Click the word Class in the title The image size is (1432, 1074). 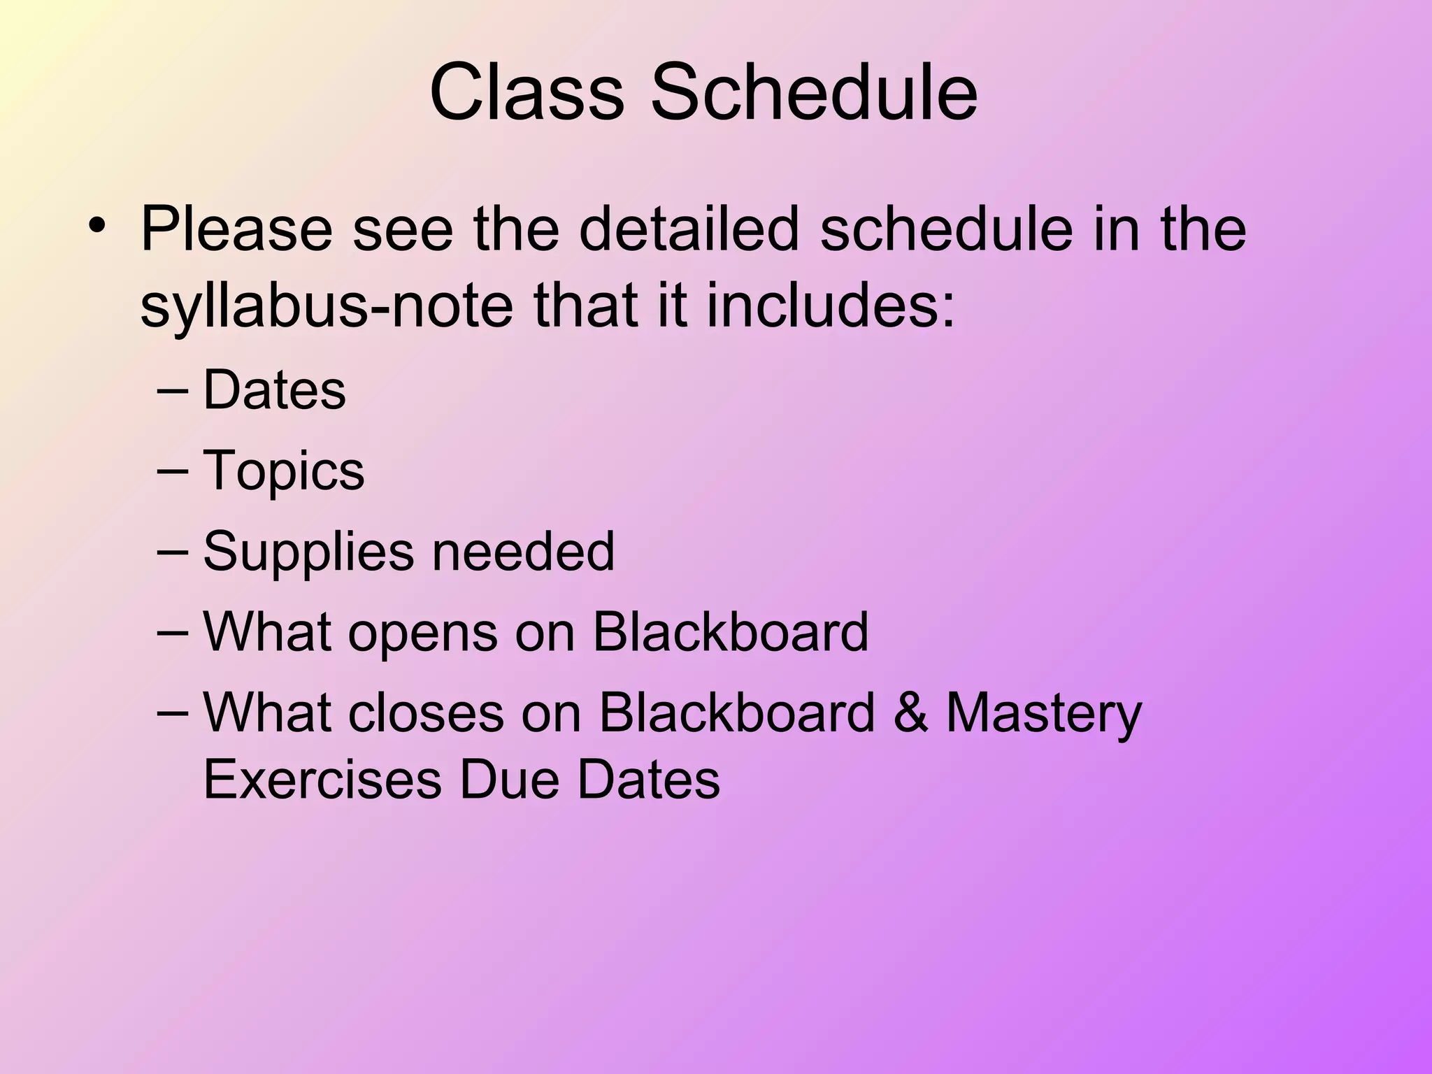(526, 93)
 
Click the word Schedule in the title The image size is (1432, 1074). (814, 93)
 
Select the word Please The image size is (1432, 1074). (236, 229)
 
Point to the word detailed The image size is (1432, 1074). (688, 229)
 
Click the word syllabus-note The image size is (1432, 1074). (326, 306)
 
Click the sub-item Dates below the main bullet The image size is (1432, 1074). (274, 390)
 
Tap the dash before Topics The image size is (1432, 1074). (173, 471)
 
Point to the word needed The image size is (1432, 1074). (523, 551)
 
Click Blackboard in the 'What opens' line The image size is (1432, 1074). (730, 631)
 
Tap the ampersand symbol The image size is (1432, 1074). (910, 713)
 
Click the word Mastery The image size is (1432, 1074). (1043, 714)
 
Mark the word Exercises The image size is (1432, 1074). (322, 780)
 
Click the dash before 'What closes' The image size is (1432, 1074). (173, 713)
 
